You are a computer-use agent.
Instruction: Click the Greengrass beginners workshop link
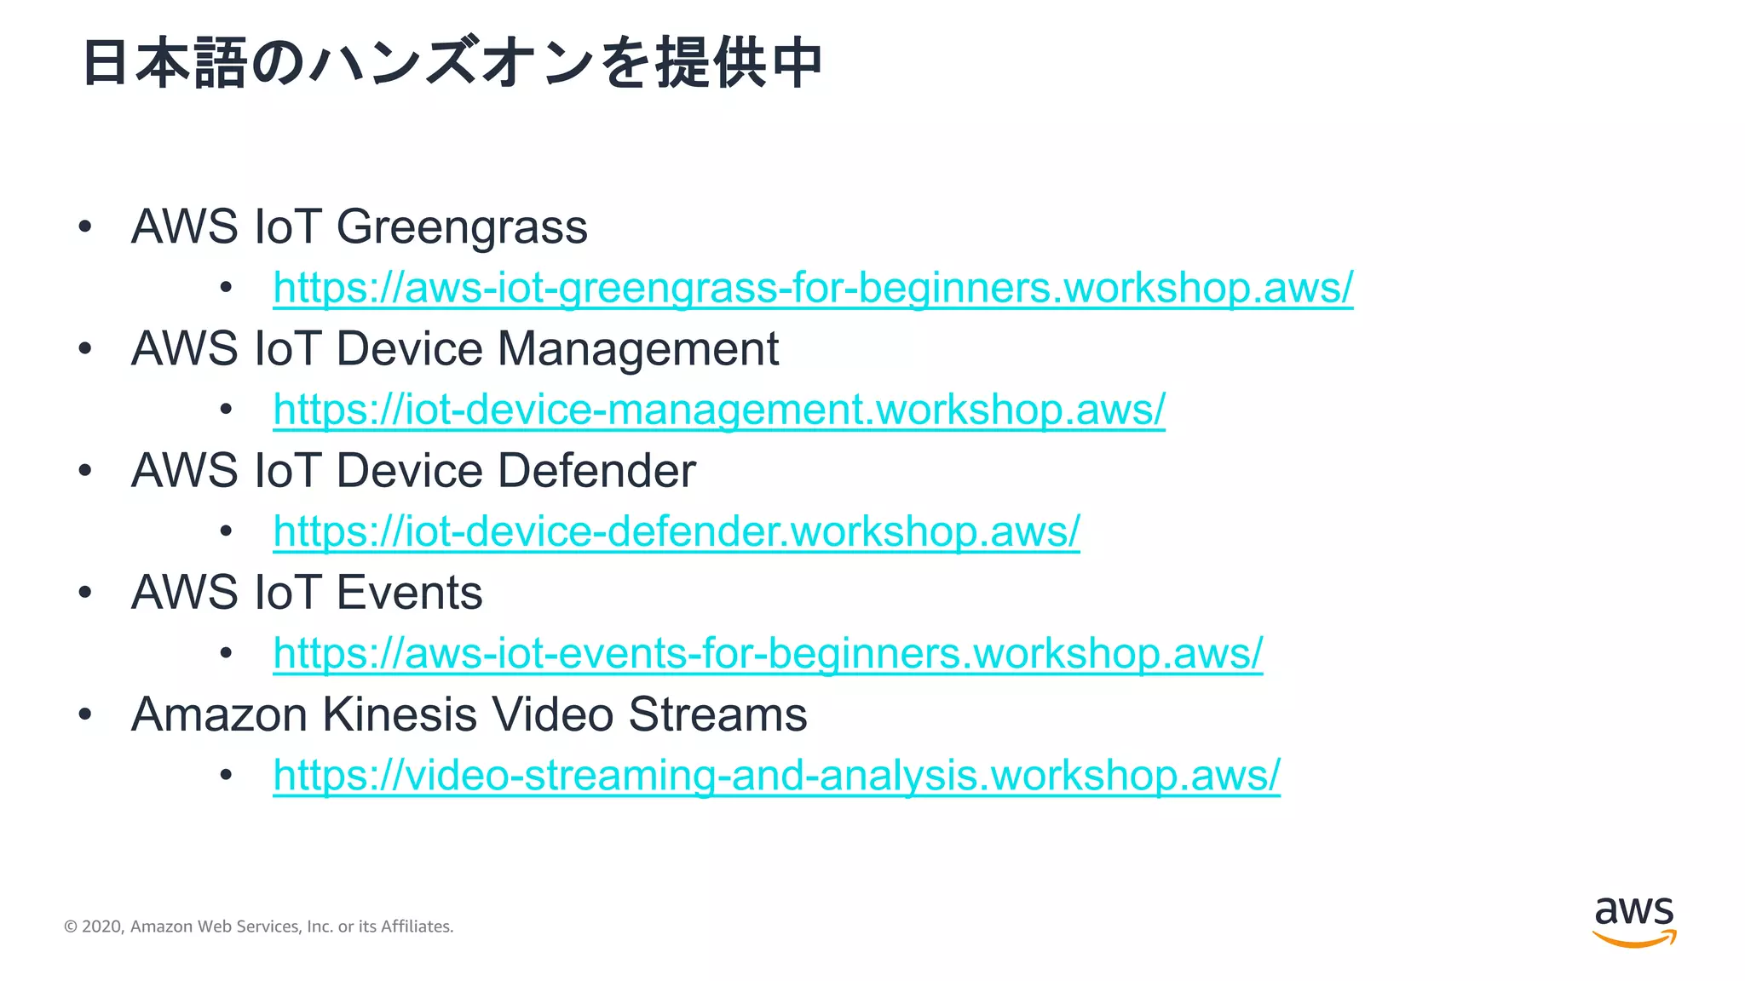coord(812,288)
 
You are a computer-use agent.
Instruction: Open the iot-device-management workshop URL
coord(718,410)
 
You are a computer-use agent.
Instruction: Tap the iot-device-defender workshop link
coord(676,531)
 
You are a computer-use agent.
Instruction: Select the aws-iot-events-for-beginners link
coord(767,653)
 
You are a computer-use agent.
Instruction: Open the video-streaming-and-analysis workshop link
coord(776,775)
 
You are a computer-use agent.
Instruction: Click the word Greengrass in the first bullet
coord(462,228)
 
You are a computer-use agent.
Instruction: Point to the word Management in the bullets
coord(637,349)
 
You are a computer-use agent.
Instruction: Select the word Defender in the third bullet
coord(596,471)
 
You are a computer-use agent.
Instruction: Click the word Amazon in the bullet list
coord(219,714)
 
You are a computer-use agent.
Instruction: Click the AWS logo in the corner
coord(1633,921)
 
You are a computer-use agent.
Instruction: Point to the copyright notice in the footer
coord(258,926)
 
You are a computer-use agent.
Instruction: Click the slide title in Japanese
coord(452,63)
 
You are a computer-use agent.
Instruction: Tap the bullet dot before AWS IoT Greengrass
coord(84,227)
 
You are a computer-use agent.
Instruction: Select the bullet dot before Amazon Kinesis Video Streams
coord(84,714)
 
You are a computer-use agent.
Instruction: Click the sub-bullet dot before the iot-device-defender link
coord(226,532)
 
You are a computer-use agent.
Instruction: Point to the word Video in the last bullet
coord(552,714)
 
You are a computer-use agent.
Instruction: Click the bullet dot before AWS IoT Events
coord(84,593)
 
